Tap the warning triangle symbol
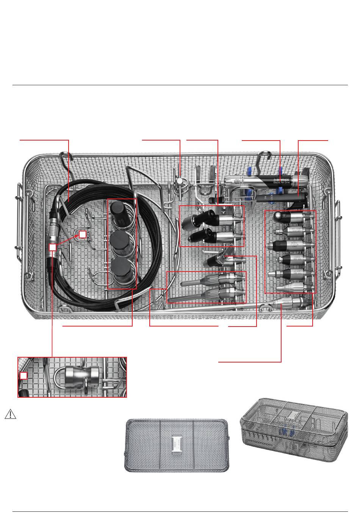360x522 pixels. [x=11, y=414]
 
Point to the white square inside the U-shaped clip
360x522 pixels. [x=83, y=234]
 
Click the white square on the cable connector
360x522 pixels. [x=53, y=247]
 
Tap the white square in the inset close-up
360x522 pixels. [x=24, y=375]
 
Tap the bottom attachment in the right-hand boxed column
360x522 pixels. [x=290, y=288]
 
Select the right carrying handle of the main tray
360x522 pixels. [x=337, y=235]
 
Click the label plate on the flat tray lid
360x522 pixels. [x=177, y=445]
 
